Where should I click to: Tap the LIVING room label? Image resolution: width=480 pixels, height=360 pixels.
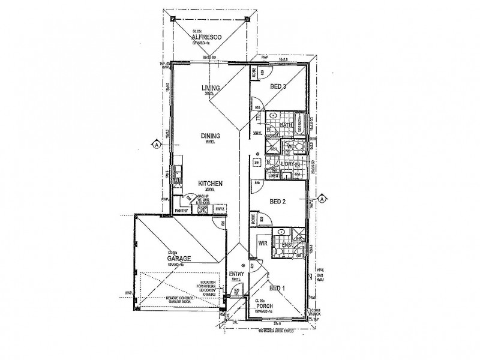tap(211, 88)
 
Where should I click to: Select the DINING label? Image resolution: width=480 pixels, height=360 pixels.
tap(211, 136)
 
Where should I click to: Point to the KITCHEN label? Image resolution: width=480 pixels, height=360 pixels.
tap(212, 183)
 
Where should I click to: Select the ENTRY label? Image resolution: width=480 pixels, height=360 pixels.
tap(235, 274)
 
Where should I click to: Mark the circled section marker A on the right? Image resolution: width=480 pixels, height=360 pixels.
tap(323, 199)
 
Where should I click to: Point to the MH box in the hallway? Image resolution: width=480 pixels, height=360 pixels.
tap(256, 163)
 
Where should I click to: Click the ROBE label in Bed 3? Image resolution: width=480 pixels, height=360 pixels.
tap(254, 72)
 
